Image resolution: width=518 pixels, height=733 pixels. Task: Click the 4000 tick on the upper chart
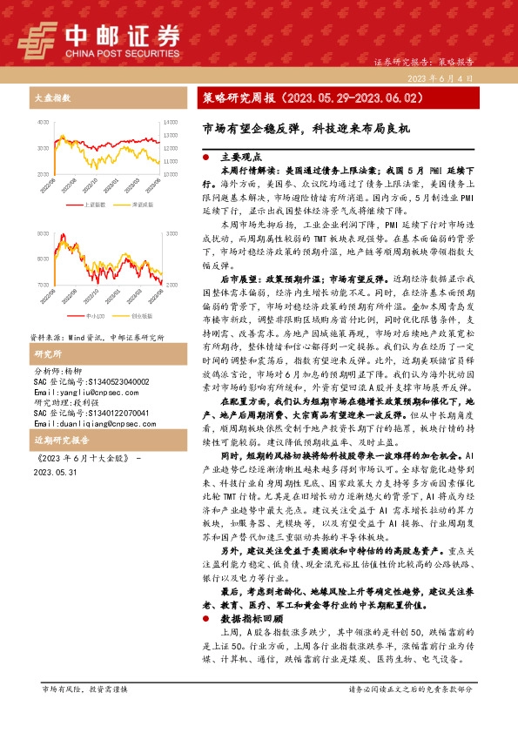click(x=39, y=123)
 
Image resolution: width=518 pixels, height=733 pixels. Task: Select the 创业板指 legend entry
click(x=140, y=316)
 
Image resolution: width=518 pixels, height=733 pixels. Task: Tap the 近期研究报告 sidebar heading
click(x=56, y=440)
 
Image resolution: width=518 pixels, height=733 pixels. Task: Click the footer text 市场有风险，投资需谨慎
click(x=84, y=713)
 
